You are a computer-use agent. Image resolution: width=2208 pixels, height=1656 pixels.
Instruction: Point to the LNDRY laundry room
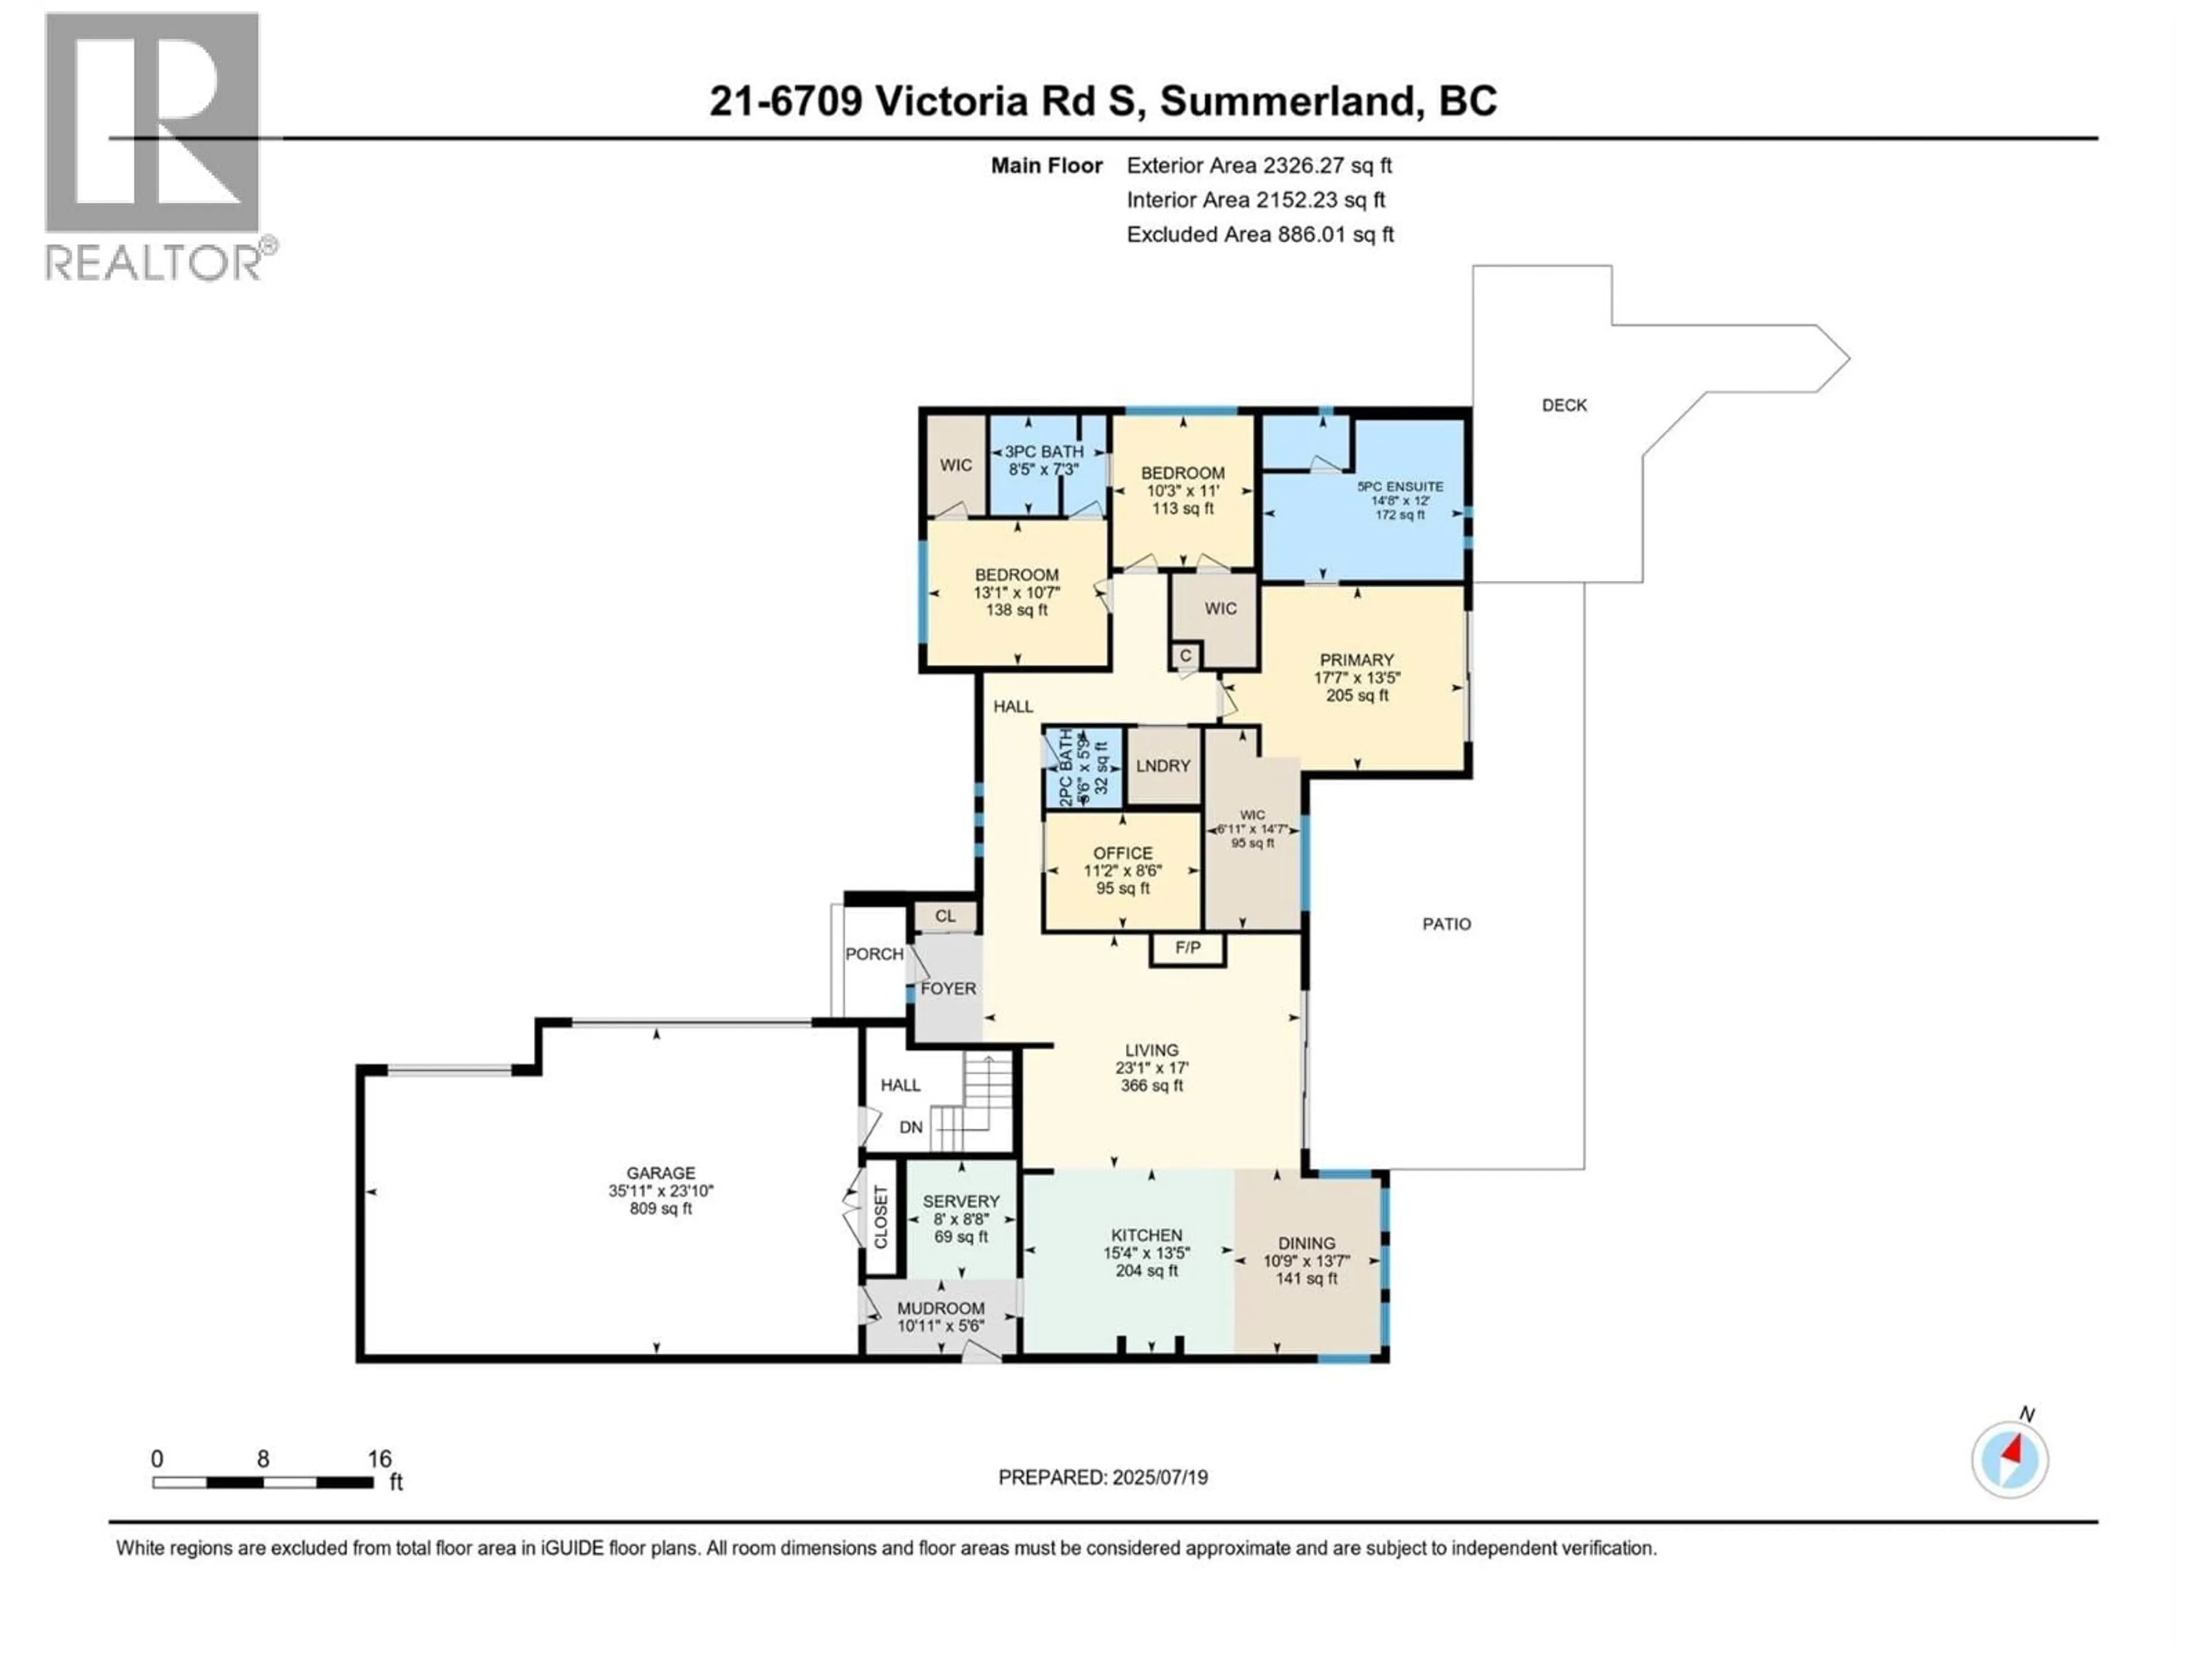(x=1163, y=766)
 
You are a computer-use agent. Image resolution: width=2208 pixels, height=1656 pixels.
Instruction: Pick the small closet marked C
(x=1185, y=656)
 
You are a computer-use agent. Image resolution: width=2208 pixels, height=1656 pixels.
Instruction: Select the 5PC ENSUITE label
(x=1400, y=486)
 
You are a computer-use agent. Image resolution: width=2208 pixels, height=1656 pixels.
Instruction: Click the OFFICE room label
(x=1122, y=853)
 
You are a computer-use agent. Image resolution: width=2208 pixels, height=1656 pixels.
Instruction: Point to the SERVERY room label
(x=960, y=1201)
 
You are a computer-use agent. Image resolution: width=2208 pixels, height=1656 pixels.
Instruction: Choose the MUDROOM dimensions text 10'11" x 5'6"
(x=940, y=1325)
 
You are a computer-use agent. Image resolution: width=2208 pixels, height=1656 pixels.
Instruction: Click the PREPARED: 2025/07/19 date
(x=1102, y=1477)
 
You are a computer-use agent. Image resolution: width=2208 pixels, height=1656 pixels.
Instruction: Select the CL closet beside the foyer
(x=944, y=915)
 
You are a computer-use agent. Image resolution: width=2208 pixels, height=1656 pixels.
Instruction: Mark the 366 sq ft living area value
(x=1151, y=1085)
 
